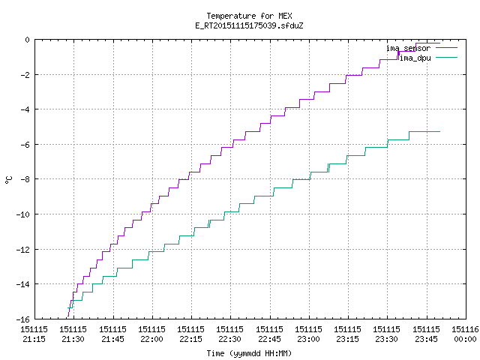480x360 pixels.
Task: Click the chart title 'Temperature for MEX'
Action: coord(249,16)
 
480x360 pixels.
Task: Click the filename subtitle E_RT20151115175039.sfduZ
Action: coord(249,25)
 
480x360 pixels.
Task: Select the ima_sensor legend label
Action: coord(408,48)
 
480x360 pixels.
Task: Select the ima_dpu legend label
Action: coord(415,58)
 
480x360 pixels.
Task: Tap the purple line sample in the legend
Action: coord(446,48)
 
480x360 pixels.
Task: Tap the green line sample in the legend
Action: coord(446,57)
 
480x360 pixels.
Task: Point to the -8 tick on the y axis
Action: coord(25,179)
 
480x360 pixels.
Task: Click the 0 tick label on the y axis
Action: coord(28,40)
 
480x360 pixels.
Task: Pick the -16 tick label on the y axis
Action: coord(23,319)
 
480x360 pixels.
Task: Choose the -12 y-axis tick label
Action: coord(23,250)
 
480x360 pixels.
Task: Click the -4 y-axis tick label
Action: coord(25,109)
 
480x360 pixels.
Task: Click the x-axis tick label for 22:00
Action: coord(151,334)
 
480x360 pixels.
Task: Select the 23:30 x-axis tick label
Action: coord(387,334)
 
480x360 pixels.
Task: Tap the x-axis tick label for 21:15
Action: coord(34,334)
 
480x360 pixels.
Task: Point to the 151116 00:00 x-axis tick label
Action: coord(465,334)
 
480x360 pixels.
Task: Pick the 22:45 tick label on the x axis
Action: coord(269,334)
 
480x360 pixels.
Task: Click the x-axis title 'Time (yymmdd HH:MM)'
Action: coord(249,353)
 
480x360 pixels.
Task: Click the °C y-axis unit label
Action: coord(8,180)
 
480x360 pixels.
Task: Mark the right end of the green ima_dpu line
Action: coord(440,132)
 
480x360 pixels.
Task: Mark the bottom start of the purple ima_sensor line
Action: coord(68,316)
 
